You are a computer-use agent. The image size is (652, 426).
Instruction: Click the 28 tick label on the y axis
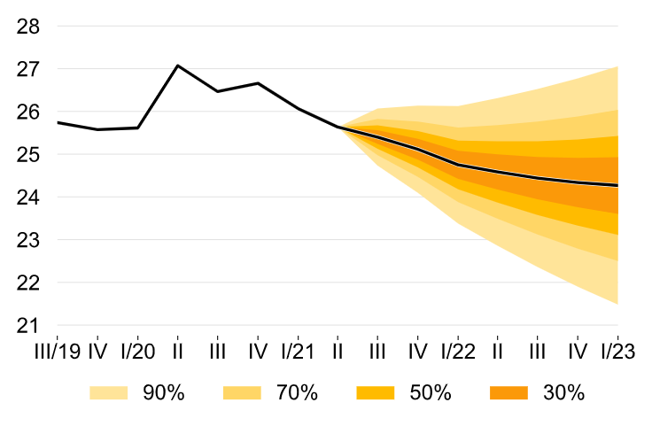pos(28,27)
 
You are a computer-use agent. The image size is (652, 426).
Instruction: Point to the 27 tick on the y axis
pos(28,69)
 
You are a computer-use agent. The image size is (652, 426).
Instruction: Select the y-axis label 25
pos(28,155)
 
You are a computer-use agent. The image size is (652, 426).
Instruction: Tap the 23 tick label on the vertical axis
pos(28,240)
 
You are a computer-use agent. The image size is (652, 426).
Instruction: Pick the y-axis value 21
pos(28,326)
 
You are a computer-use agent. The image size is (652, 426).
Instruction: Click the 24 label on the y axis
pos(28,198)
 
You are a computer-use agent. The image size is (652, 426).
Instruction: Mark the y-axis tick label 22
pos(28,283)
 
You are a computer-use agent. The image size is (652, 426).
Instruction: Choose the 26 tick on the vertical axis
pos(28,112)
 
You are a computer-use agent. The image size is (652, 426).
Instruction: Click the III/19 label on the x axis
pos(57,351)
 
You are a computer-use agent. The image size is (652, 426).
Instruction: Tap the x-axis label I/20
pos(137,351)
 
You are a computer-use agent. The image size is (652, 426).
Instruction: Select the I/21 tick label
pos(298,351)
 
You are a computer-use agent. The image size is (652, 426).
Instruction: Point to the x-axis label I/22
pos(458,351)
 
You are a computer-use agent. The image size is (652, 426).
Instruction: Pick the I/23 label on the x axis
pos(617,351)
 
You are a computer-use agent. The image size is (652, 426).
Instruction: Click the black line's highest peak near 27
pos(178,66)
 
